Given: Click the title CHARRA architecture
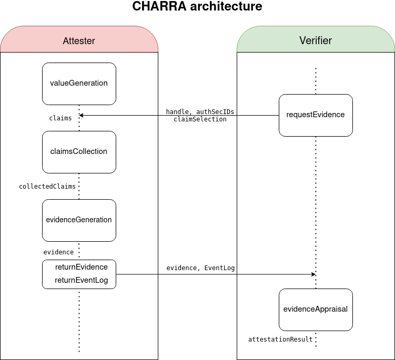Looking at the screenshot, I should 197,7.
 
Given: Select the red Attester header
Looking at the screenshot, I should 79,40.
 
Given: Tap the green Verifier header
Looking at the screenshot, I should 316,40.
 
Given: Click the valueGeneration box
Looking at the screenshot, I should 79,84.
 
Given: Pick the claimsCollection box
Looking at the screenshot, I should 79,152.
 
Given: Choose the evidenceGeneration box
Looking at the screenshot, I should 79,220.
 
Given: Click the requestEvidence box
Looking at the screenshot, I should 316,115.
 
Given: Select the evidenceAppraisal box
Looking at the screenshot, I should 316,310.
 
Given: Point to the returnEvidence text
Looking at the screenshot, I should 82,267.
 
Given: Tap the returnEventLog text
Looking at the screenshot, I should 82,280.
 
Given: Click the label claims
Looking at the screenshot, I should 60,118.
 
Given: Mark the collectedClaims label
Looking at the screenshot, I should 47,187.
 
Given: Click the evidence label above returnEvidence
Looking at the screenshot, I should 58,252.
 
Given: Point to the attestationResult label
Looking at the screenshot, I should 280,340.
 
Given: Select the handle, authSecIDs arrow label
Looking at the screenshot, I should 200,112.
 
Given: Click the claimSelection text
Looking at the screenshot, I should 200,119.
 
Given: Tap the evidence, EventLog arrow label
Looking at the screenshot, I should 200,268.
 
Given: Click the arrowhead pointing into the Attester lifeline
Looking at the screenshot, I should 82,115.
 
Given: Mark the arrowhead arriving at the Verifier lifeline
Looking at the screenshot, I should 313,274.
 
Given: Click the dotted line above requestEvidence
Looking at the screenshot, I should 316,81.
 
